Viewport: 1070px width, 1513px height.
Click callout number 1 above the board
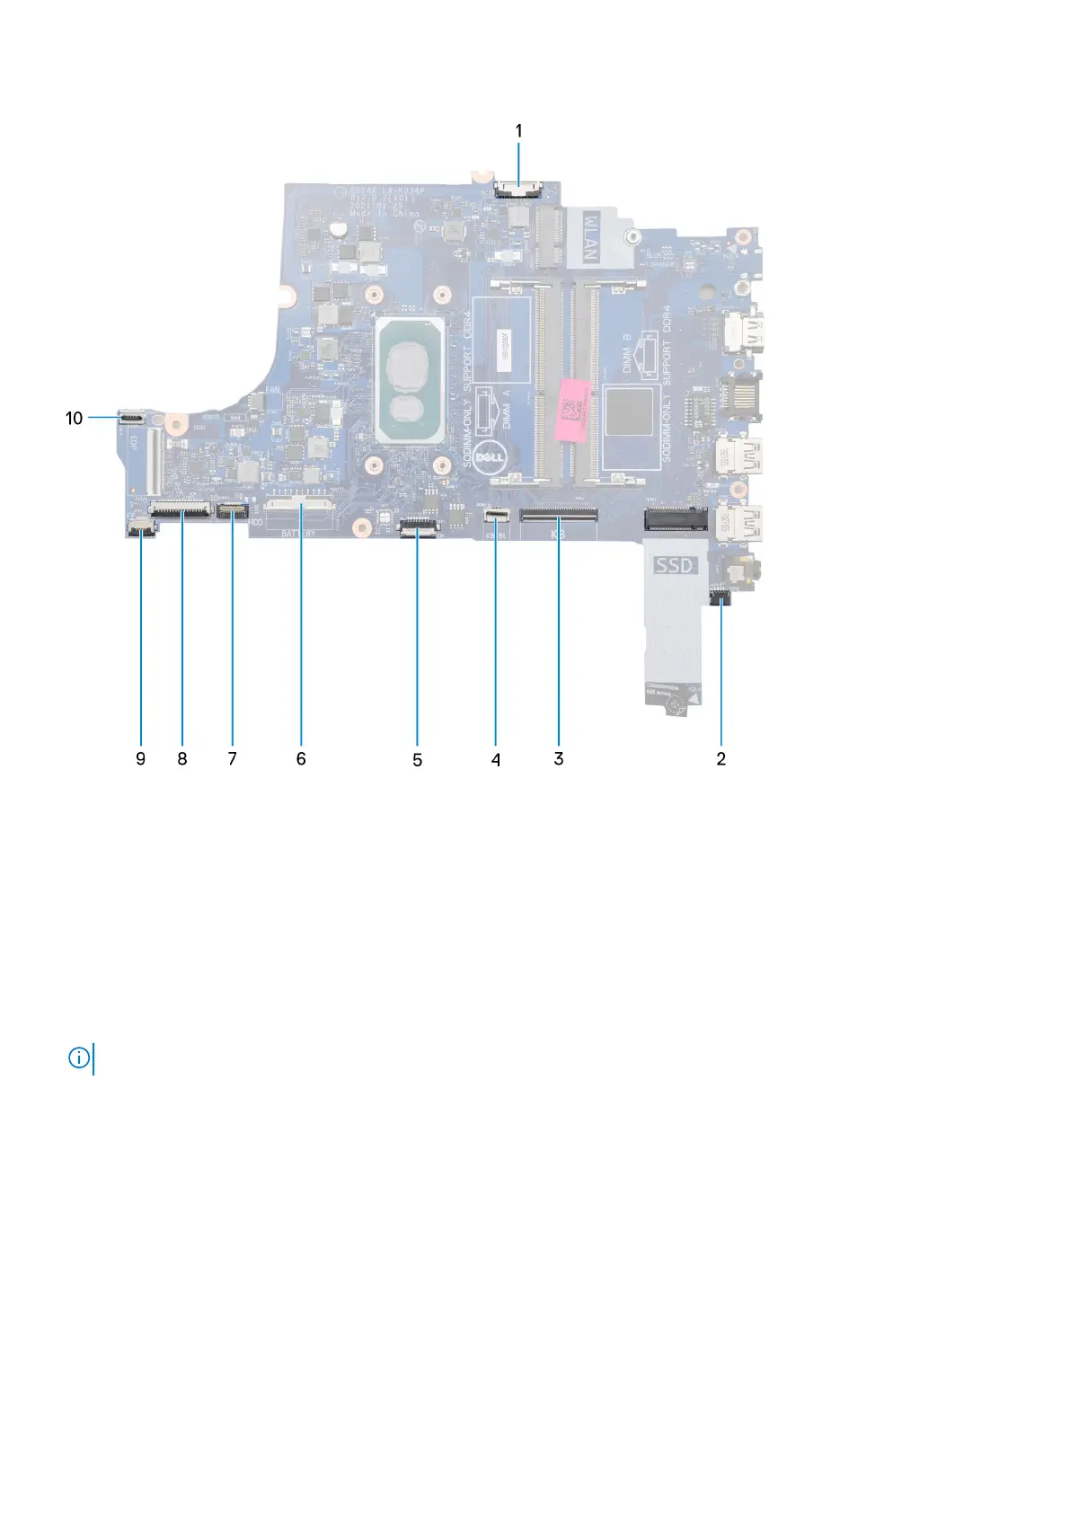(x=518, y=131)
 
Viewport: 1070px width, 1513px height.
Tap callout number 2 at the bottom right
(x=721, y=759)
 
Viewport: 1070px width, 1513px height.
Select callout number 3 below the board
(x=559, y=759)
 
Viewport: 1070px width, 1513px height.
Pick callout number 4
(x=495, y=760)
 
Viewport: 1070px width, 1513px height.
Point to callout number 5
(x=417, y=760)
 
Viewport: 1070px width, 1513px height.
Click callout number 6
(x=301, y=759)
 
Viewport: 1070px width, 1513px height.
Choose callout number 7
(x=233, y=759)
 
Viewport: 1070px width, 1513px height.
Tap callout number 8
(x=182, y=759)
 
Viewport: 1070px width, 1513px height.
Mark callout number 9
(x=140, y=759)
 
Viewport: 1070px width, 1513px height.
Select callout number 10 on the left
(x=75, y=418)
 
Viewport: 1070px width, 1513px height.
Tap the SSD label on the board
(x=675, y=565)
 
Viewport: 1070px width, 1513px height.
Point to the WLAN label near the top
(x=590, y=236)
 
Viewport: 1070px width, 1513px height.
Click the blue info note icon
(x=79, y=1058)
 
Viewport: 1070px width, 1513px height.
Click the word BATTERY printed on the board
(x=298, y=533)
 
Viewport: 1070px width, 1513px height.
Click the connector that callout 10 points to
(x=131, y=418)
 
